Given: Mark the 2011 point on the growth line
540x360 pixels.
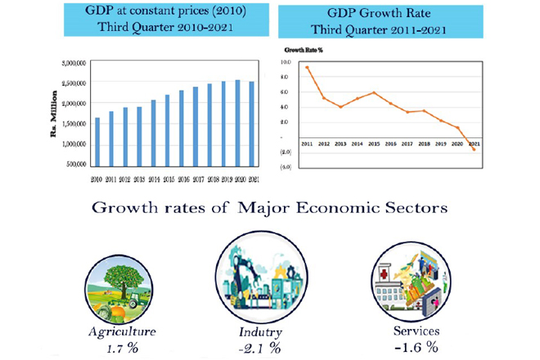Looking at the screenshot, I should pos(307,67).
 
